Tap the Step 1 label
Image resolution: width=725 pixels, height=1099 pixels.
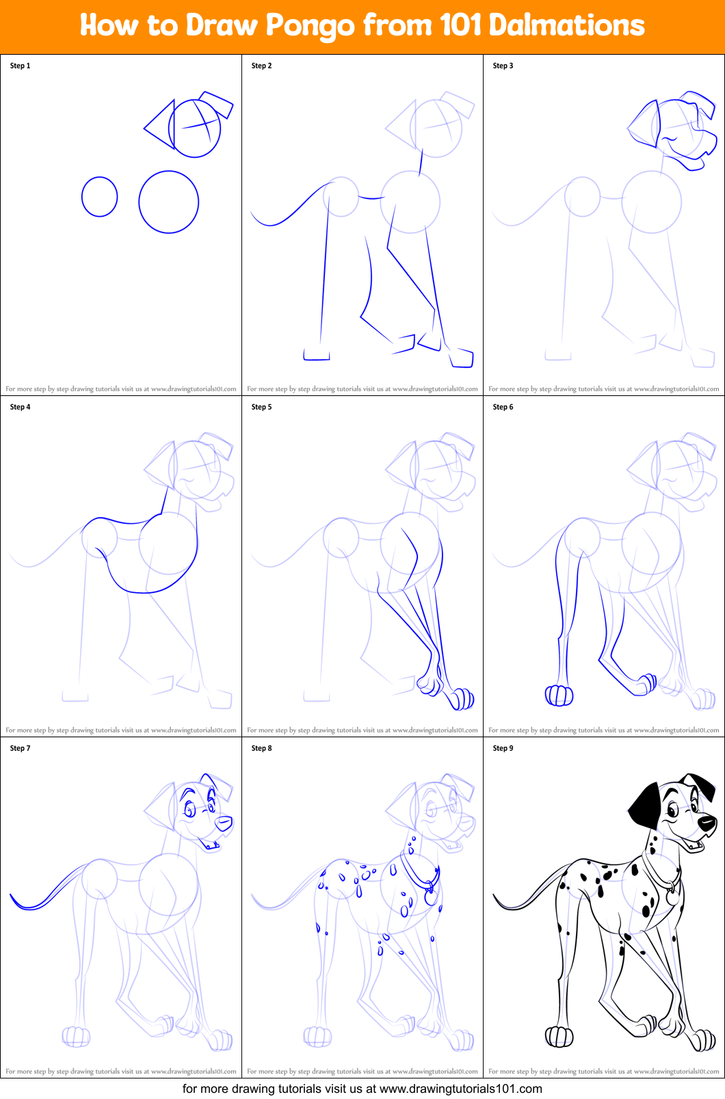[20, 66]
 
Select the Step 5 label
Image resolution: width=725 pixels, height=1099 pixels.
[261, 407]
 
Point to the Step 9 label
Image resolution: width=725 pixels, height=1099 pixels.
[503, 748]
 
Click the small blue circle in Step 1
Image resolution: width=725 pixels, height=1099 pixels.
[99, 197]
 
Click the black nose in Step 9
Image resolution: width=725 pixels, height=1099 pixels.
[707, 823]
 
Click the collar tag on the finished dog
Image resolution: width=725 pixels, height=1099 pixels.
[673, 896]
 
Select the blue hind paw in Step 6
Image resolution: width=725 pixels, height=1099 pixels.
[559, 696]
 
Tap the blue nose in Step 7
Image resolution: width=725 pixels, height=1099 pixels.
[224, 823]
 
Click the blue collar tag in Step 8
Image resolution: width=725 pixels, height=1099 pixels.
[431, 897]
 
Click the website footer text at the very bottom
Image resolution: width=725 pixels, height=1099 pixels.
[362, 1089]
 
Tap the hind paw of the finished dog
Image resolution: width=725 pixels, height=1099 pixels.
[559, 1037]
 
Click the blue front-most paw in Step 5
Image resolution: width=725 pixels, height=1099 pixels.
[462, 699]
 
